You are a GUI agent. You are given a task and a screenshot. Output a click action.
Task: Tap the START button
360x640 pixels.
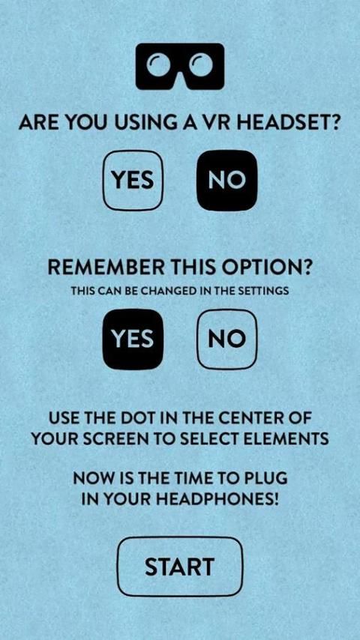coord(180,567)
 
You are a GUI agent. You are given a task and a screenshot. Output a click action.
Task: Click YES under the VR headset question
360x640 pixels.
coord(133,180)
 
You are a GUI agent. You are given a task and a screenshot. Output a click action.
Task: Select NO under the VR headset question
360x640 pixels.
coord(227,180)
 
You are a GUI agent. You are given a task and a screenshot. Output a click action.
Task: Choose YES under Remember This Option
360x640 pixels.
coord(133,339)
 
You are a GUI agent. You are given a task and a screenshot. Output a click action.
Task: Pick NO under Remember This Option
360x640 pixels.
coord(227,339)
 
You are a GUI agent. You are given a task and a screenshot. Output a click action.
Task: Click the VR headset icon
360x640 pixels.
coord(180,66)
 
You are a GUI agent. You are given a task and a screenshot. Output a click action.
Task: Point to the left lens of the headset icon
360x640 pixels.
coord(159,66)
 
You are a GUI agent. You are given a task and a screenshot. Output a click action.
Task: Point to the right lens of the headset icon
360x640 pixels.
coord(201,66)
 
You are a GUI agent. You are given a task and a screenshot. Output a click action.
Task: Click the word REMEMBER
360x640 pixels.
coord(106,268)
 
